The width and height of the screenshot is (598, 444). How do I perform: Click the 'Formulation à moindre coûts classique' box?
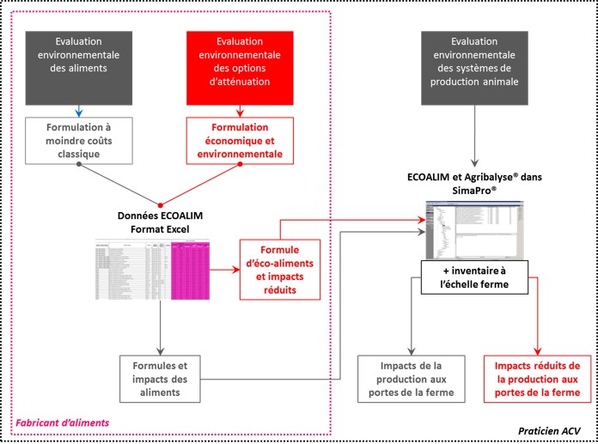point(80,138)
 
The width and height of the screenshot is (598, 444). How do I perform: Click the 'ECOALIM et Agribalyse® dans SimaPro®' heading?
point(474,182)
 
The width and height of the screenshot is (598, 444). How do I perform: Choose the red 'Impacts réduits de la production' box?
point(537,378)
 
